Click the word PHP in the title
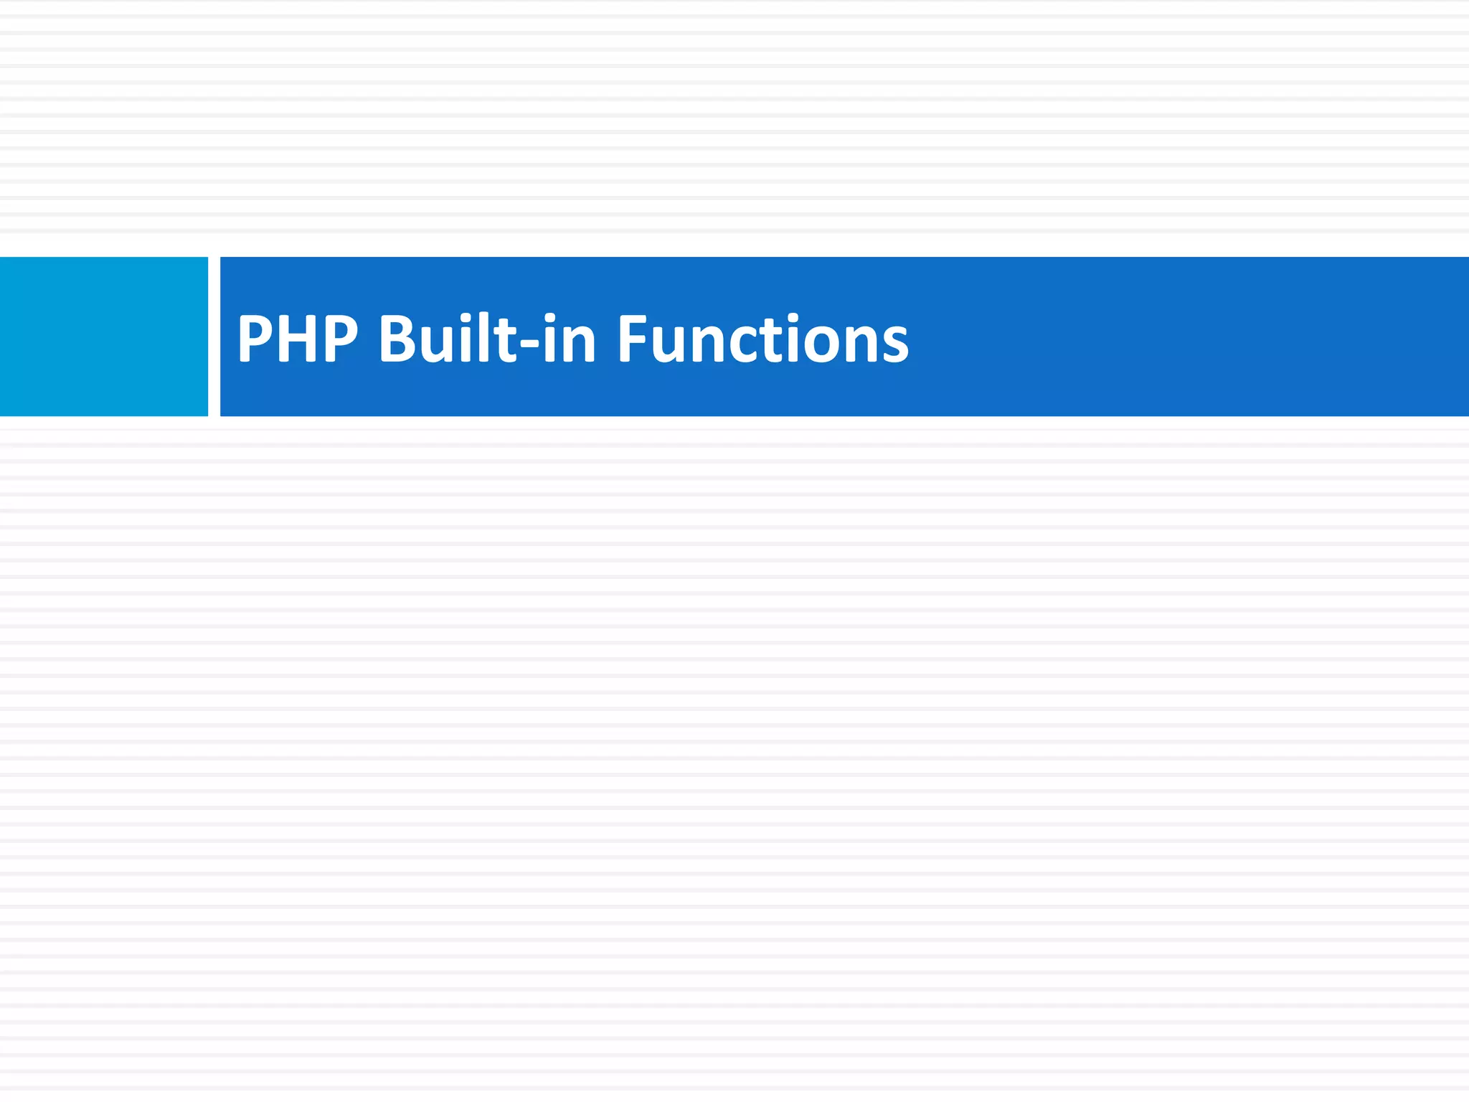(x=298, y=339)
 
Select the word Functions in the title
(x=762, y=339)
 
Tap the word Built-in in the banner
(x=487, y=339)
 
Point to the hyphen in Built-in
(x=529, y=343)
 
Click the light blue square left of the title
(x=103, y=336)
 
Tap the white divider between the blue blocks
(x=214, y=336)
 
